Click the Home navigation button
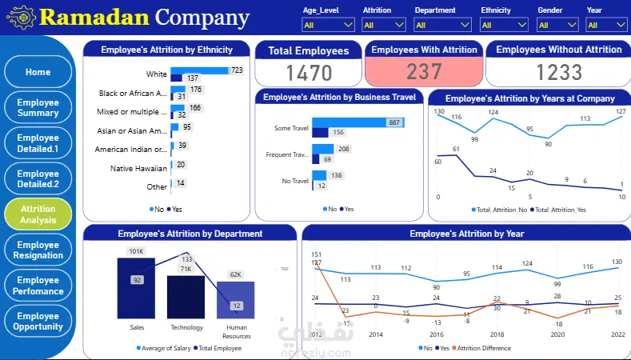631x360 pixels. coord(38,72)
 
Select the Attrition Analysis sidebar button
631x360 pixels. coord(38,214)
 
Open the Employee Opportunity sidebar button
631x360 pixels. coord(38,321)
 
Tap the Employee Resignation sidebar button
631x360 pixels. coord(38,250)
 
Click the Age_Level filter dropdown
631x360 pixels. coord(329,25)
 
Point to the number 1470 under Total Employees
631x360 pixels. coord(310,73)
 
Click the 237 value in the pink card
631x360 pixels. coord(424,72)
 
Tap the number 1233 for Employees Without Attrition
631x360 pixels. coord(558,73)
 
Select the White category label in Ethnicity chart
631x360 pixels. coord(156,74)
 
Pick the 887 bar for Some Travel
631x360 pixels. coord(357,122)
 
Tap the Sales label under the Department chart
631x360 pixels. coord(137,327)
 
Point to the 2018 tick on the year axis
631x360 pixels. coord(497,334)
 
